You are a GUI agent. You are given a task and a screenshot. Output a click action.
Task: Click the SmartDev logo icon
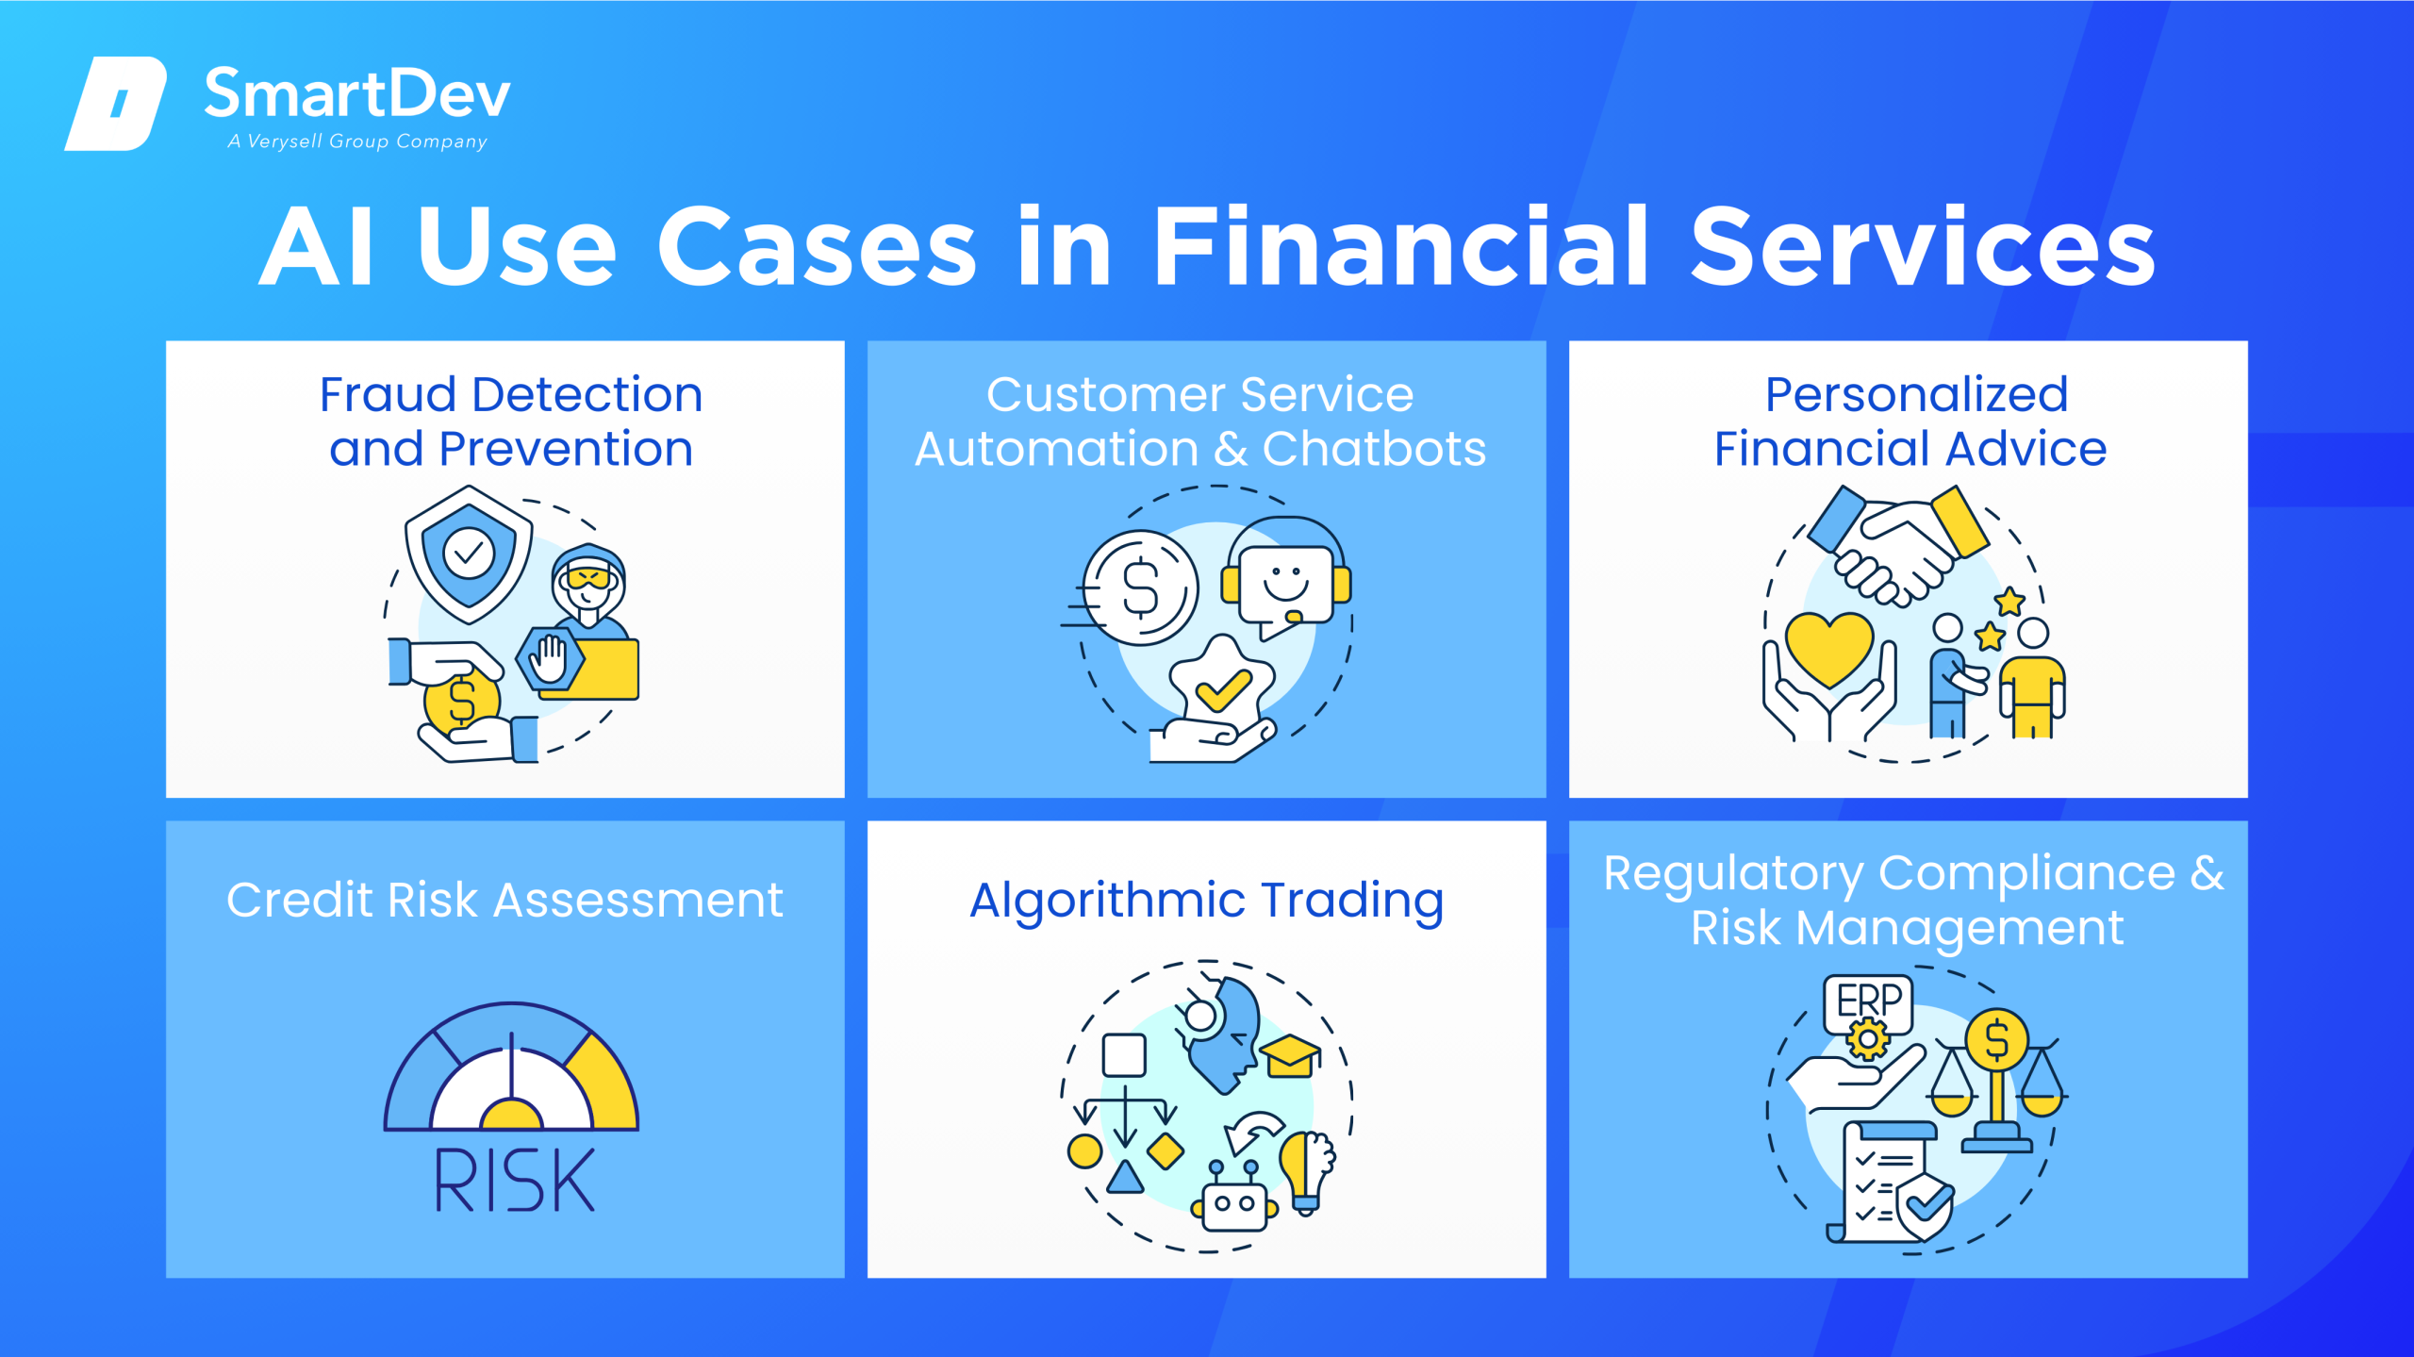(116, 103)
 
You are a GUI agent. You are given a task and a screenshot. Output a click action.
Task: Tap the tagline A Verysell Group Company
(357, 141)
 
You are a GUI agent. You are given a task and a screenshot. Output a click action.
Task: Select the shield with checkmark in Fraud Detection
(469, 554)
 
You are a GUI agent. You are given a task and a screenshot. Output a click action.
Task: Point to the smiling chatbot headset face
(1286, 580)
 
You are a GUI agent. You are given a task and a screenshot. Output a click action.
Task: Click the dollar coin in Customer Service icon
(1140, 587)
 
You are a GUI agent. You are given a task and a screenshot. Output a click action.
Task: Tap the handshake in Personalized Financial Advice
(1899, 545)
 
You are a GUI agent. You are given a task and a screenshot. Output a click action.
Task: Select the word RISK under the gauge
(514, 1180)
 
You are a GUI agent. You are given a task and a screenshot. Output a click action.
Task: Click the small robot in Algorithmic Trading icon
(1234, 1198)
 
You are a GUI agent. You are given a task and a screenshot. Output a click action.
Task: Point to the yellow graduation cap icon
(1290, 1055)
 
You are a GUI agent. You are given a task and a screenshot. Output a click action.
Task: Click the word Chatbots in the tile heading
(1374, 449)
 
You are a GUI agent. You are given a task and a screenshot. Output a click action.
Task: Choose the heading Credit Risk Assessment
(504, 900)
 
